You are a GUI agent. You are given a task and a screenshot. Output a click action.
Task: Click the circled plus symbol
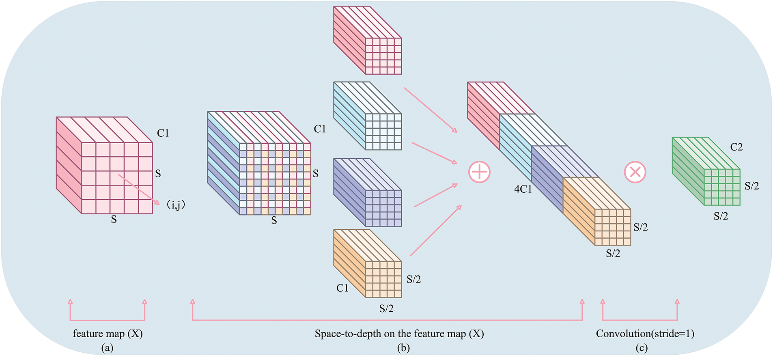[x=479, y=172]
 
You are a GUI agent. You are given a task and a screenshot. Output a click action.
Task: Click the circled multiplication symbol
[x=635, y=172]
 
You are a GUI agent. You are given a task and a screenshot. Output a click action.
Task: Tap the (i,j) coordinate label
[x=176, y=205]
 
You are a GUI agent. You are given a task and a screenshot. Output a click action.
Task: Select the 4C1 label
[x=523, y=189]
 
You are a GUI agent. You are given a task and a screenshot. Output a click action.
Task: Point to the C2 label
[x=736, y=147]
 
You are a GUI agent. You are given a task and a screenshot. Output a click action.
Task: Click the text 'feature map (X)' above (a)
[x=108, y=334]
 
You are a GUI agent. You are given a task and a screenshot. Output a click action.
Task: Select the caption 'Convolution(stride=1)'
[x=645, y=334]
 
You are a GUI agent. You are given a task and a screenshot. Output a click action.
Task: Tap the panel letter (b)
[x=403, y=348]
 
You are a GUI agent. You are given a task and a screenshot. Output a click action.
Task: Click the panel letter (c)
[x=642, y=348]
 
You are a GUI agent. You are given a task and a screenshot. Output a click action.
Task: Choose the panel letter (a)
[x=107, y=348]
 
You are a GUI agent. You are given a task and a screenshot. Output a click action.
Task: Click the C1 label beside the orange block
[x=342, y=288]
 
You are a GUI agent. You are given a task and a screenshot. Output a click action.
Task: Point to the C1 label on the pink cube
[x=163, y=133]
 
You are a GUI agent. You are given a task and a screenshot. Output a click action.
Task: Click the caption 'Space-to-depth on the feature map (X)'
[x=399, y=334]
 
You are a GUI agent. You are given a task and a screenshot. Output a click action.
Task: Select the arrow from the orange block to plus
[x=436, y=230]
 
